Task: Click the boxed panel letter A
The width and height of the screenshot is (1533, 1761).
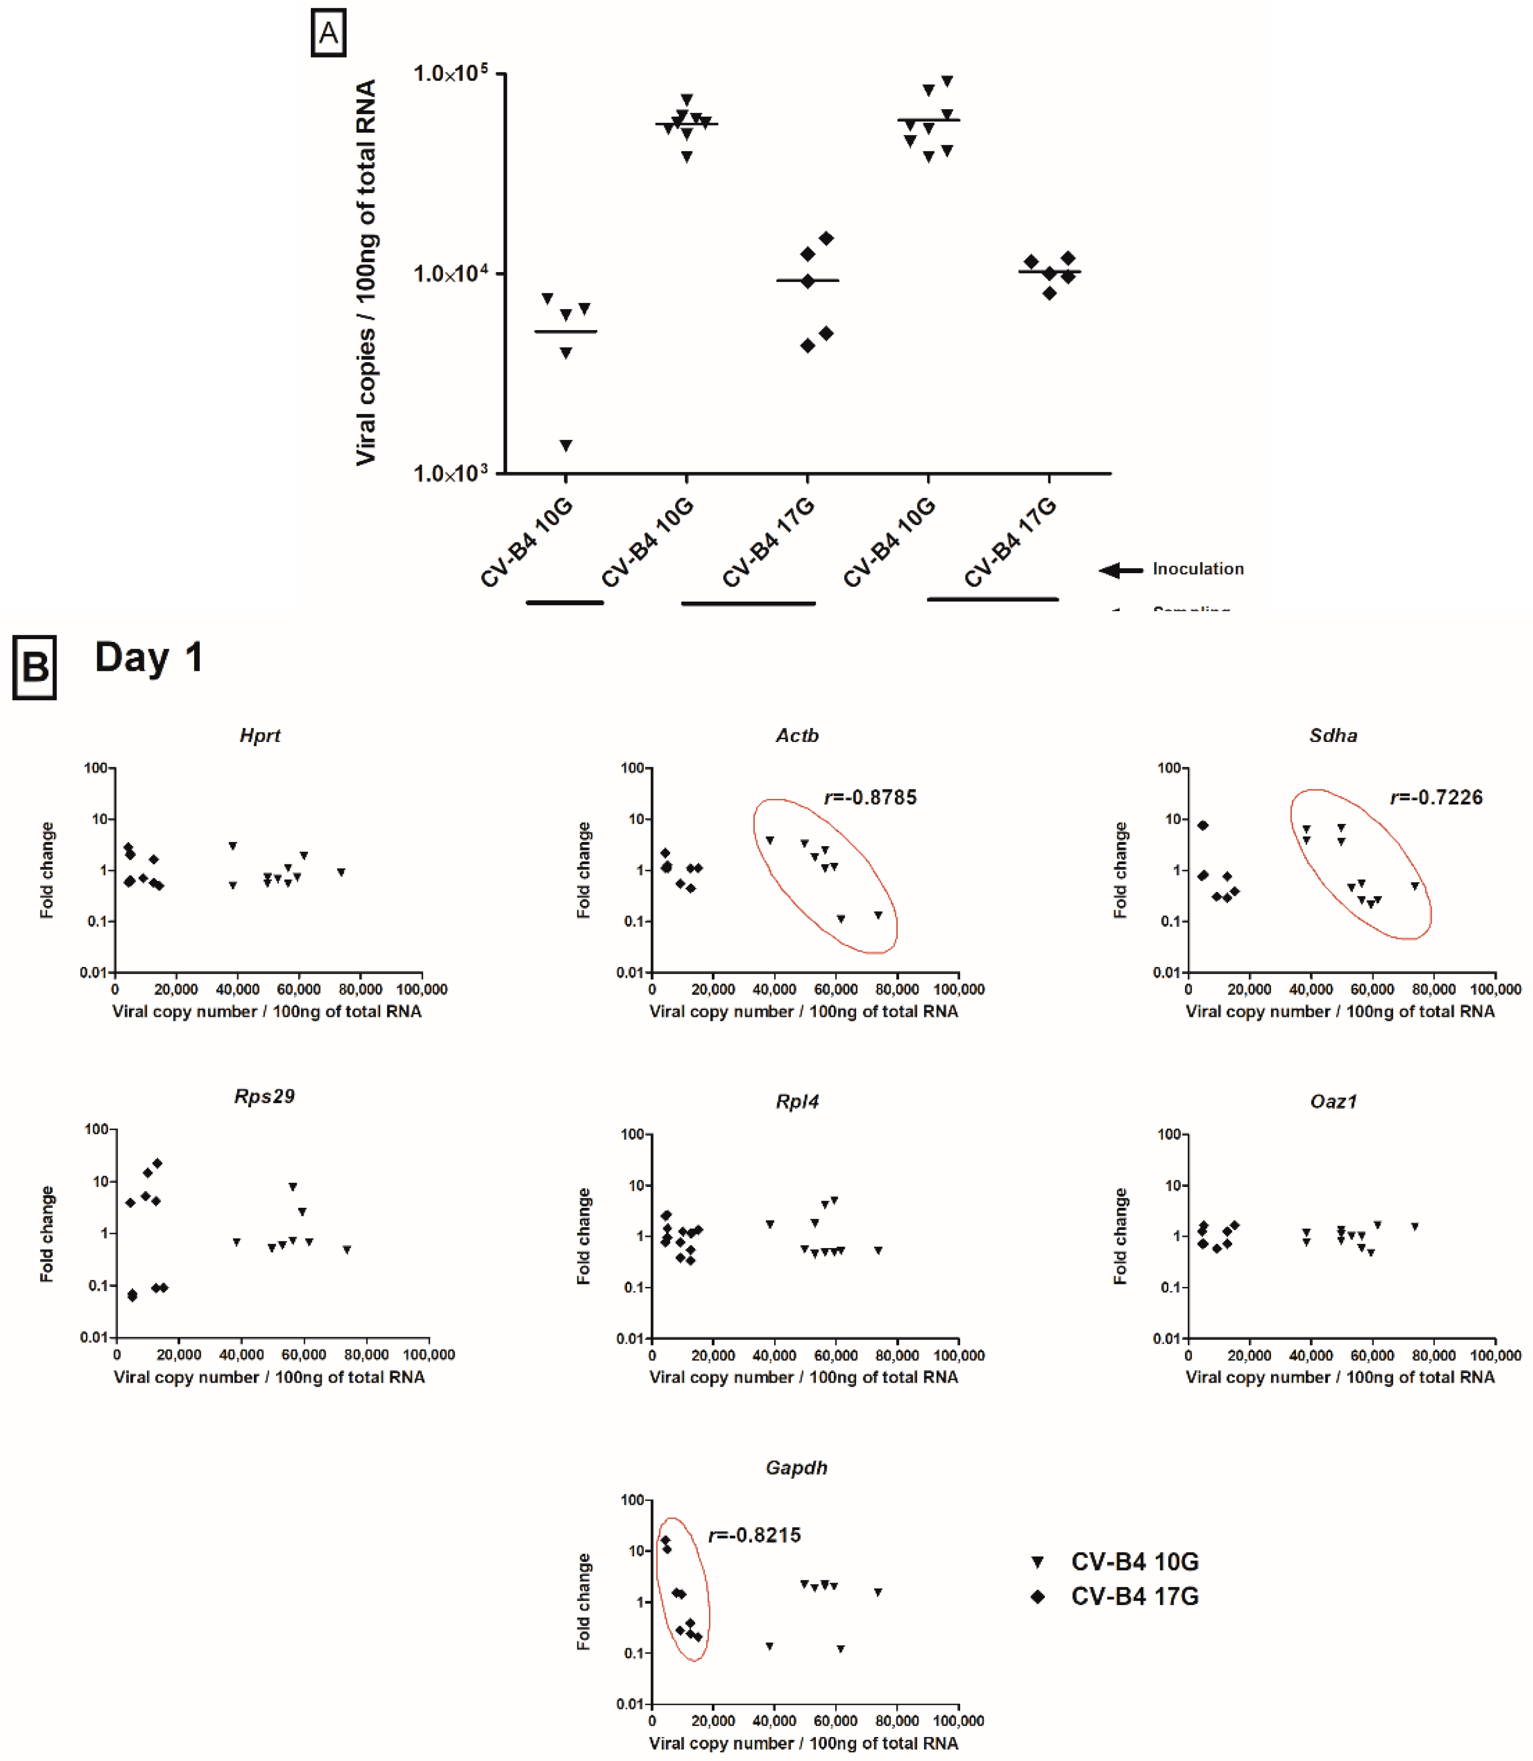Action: click(328, 33)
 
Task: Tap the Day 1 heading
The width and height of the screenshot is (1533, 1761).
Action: click(149, 657)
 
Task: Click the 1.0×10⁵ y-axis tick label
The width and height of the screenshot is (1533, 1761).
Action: click(450, 74)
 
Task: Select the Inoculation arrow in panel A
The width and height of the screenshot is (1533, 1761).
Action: click(1121, 570)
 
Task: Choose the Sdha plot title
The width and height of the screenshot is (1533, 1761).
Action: click(1333, 735)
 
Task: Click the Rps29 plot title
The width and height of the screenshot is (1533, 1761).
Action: click(264, 1096)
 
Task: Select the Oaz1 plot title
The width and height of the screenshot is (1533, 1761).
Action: click(1333, 1101)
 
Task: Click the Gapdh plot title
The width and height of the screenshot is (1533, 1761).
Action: click(796, 1468)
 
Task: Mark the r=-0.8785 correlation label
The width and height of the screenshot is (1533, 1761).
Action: click(870, 798)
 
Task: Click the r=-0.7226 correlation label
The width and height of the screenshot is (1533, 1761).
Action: click(1436, 798)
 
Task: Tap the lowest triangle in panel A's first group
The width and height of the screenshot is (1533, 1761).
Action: click(566, 445)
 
